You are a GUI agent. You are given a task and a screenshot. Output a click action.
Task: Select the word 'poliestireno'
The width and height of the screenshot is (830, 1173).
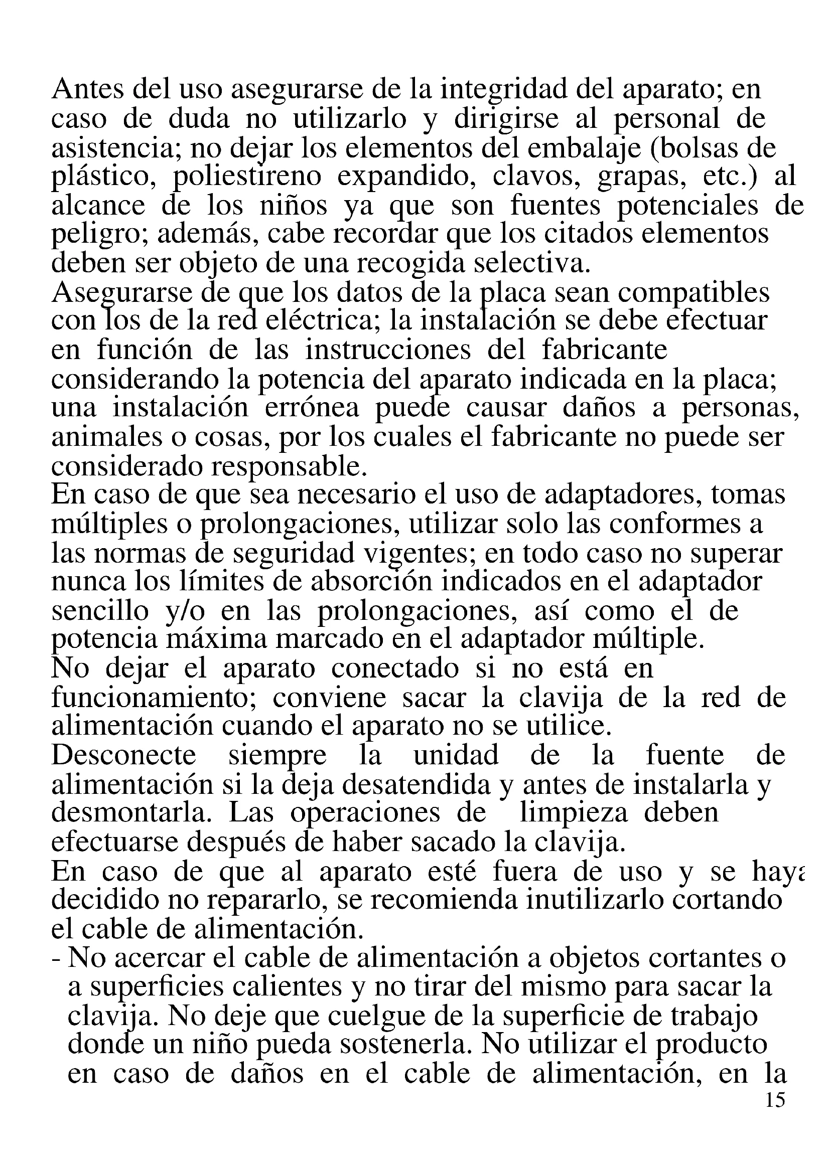coord(247,177)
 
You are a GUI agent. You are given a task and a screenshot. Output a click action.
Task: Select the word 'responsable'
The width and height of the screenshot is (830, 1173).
coord(289,466)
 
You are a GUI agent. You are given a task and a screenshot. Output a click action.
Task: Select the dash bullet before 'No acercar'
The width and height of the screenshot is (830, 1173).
coord(56,959)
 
